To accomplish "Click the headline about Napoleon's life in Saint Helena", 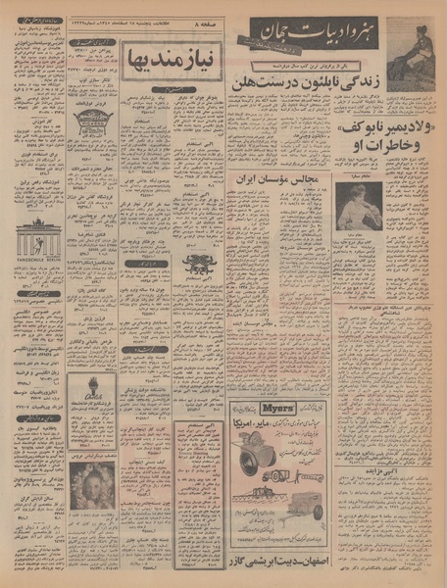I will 306,90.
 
